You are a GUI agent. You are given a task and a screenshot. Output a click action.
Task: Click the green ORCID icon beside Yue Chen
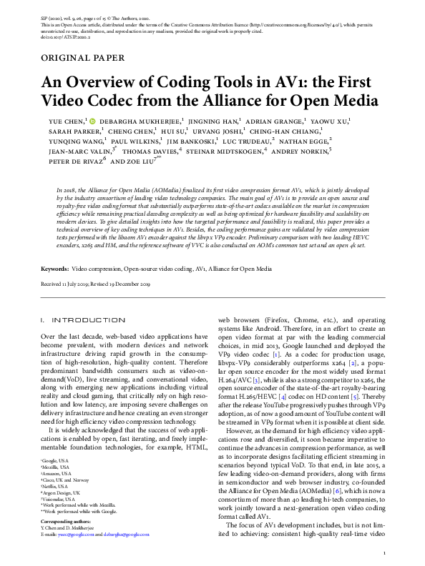click(92, 121)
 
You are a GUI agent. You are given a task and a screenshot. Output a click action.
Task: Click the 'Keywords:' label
click(54, 269)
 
